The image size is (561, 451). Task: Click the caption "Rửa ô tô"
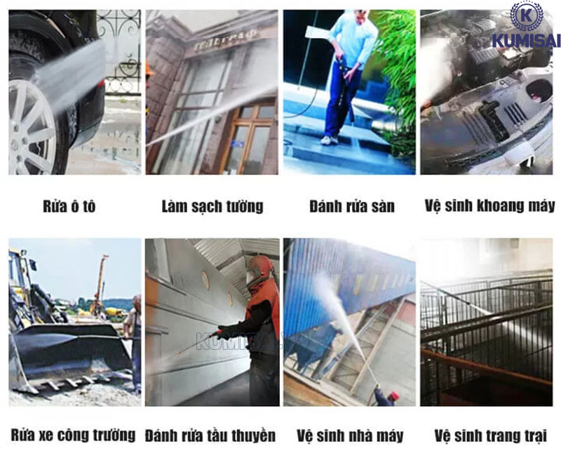click(69, 207)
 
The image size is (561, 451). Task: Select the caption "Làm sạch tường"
click(212, 207)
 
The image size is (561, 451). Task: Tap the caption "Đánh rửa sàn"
click(352, 207)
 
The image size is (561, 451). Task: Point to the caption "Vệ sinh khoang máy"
click(489, 207)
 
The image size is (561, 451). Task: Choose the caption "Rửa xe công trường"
click(74, 435)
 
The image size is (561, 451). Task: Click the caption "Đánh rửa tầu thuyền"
click(210, 436)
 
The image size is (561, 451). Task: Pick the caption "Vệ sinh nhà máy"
click(350, 436)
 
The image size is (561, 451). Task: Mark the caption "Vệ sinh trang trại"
click(490, 436)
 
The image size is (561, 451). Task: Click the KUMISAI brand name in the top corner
click(527, 41)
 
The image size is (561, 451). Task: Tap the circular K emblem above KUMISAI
click(527, 16)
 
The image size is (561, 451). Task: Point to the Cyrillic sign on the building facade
click(226, 40)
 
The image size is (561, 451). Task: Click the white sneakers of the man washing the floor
click(329, 140)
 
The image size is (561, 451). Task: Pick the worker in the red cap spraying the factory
click(386, 397)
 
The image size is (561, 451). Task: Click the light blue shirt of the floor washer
click(353, 39)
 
